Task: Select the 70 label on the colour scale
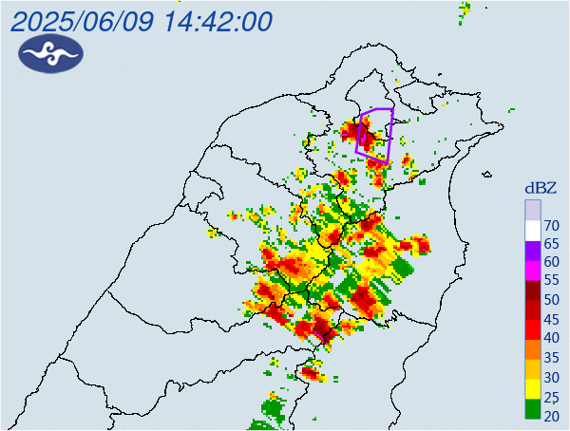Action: pyautogui.click(x=552, y=226)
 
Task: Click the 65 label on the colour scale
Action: pyautogui.click(x=552, y=245)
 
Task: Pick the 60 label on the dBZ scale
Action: pyautogui.click(x=552, y=263)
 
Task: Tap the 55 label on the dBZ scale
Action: pyautogui.click(x=552, y=282)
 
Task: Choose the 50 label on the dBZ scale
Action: pyautogui.click(x=552, y=301)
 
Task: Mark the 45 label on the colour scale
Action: pyautogui.click(x=552, y=320)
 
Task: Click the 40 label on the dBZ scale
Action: pyautogui.click(x=552, y=339)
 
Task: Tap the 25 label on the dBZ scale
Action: pyautogui.click(x=552, y=396)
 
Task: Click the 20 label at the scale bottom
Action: pyautogui.click(x=552, y=415)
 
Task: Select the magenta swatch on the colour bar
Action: pyautogui.click(x=533, y=272)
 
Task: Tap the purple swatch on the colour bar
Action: pyautogui.click(x=533, y=251)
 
